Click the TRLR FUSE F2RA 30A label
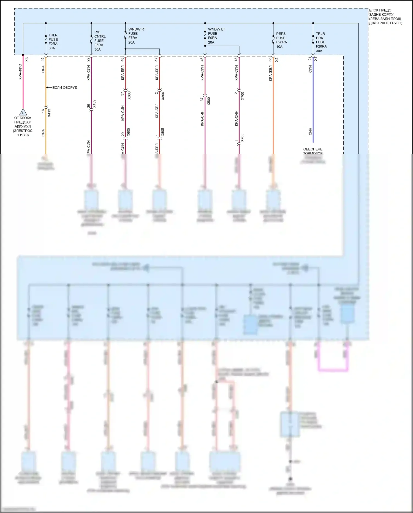(x=53, y=42)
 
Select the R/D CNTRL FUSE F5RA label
(x=100, y=41)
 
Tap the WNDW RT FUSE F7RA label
(x=137, y=36)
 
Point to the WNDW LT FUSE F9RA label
(x=216, y=36)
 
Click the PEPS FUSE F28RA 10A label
(x=281, y=40)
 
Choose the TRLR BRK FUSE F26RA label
(x=321, y=42)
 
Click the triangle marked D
(x=23, y=112)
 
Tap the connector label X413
(x=49, y=113)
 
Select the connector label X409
(x=94, y=104)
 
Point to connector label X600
(x=129, y=95)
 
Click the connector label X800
(x=163, y=96)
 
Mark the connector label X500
(x=209, y=101)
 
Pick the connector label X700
(x=243, y=96)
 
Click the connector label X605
(x=129, y=132)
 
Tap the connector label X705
(x=242, y=138)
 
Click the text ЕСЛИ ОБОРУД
(x=65, y=88)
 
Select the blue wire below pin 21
(x=313, y=105)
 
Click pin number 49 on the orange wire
(x=43, y=59)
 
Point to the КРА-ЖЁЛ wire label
(x=271, y=73)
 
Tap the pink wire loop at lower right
(x=333, y=369)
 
